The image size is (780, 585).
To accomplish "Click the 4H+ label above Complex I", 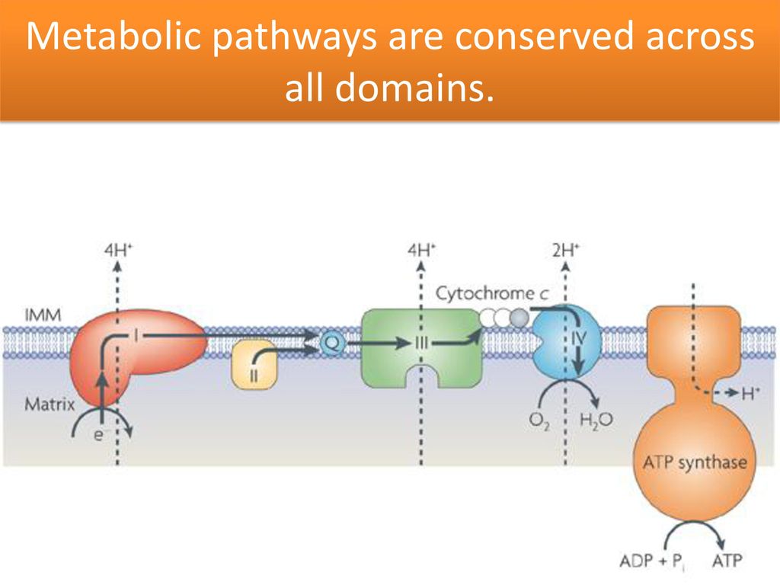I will [118, 250].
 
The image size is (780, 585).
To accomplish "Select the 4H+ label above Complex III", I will [422, 250].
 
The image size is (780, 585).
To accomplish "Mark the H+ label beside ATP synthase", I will [750, 394].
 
